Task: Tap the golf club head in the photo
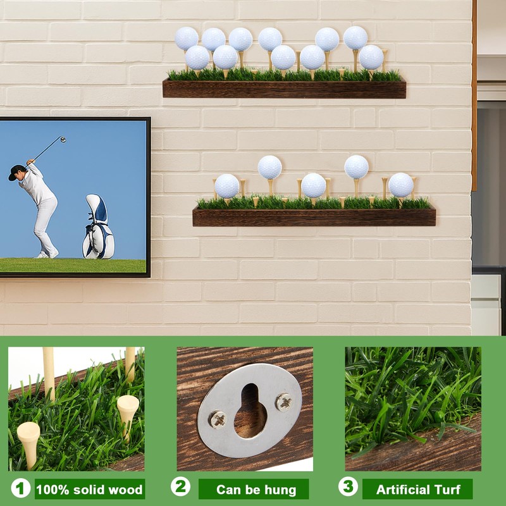(63, 139)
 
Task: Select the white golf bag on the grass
(98, 228)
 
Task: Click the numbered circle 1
(21, 488)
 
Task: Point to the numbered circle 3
(347, 487)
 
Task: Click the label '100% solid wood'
(89, 489)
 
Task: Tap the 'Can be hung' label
(256, 489)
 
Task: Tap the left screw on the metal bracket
(218, 418)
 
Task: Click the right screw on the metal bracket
(284, 401)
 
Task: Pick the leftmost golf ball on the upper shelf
(186, 39)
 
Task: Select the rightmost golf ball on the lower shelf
(400, 185)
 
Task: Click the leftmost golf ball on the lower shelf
(226, 186)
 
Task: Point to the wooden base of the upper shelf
(284, 89)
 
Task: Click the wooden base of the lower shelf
(314, 218)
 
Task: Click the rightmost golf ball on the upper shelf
(371, 57)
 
